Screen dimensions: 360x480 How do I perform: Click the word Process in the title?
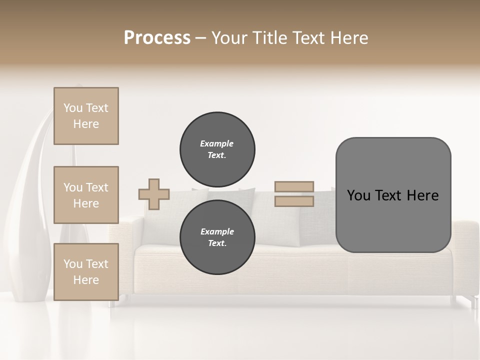click(157, 38)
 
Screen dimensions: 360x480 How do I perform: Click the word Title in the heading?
click(269, 38)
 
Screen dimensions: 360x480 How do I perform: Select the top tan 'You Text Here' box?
click(86, 116)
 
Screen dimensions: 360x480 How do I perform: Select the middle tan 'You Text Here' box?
click(86, 195)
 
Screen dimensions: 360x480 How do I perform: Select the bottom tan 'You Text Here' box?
click(86, 272)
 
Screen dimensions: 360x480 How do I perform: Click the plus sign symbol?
click(154, 194)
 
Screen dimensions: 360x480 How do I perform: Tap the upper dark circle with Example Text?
click(217, 149)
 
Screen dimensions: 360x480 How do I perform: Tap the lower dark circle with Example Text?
click(217, 237)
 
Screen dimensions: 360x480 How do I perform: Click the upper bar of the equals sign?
click(294, 186)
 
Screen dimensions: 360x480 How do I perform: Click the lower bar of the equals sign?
click(294, 201)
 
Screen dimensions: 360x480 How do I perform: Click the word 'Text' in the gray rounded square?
click(391, 195)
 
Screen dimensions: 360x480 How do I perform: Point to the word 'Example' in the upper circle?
click(217, 143)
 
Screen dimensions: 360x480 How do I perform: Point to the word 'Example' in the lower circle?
click(217, 231)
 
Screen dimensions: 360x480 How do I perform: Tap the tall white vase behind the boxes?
click(30, 200)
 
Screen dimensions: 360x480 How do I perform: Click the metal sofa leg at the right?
click(472, 301)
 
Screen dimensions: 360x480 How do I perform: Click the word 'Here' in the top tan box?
click(86, 124)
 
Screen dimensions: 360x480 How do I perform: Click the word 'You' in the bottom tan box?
click(73, 264)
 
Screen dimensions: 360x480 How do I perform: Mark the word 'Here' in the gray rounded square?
click(422, 195)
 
